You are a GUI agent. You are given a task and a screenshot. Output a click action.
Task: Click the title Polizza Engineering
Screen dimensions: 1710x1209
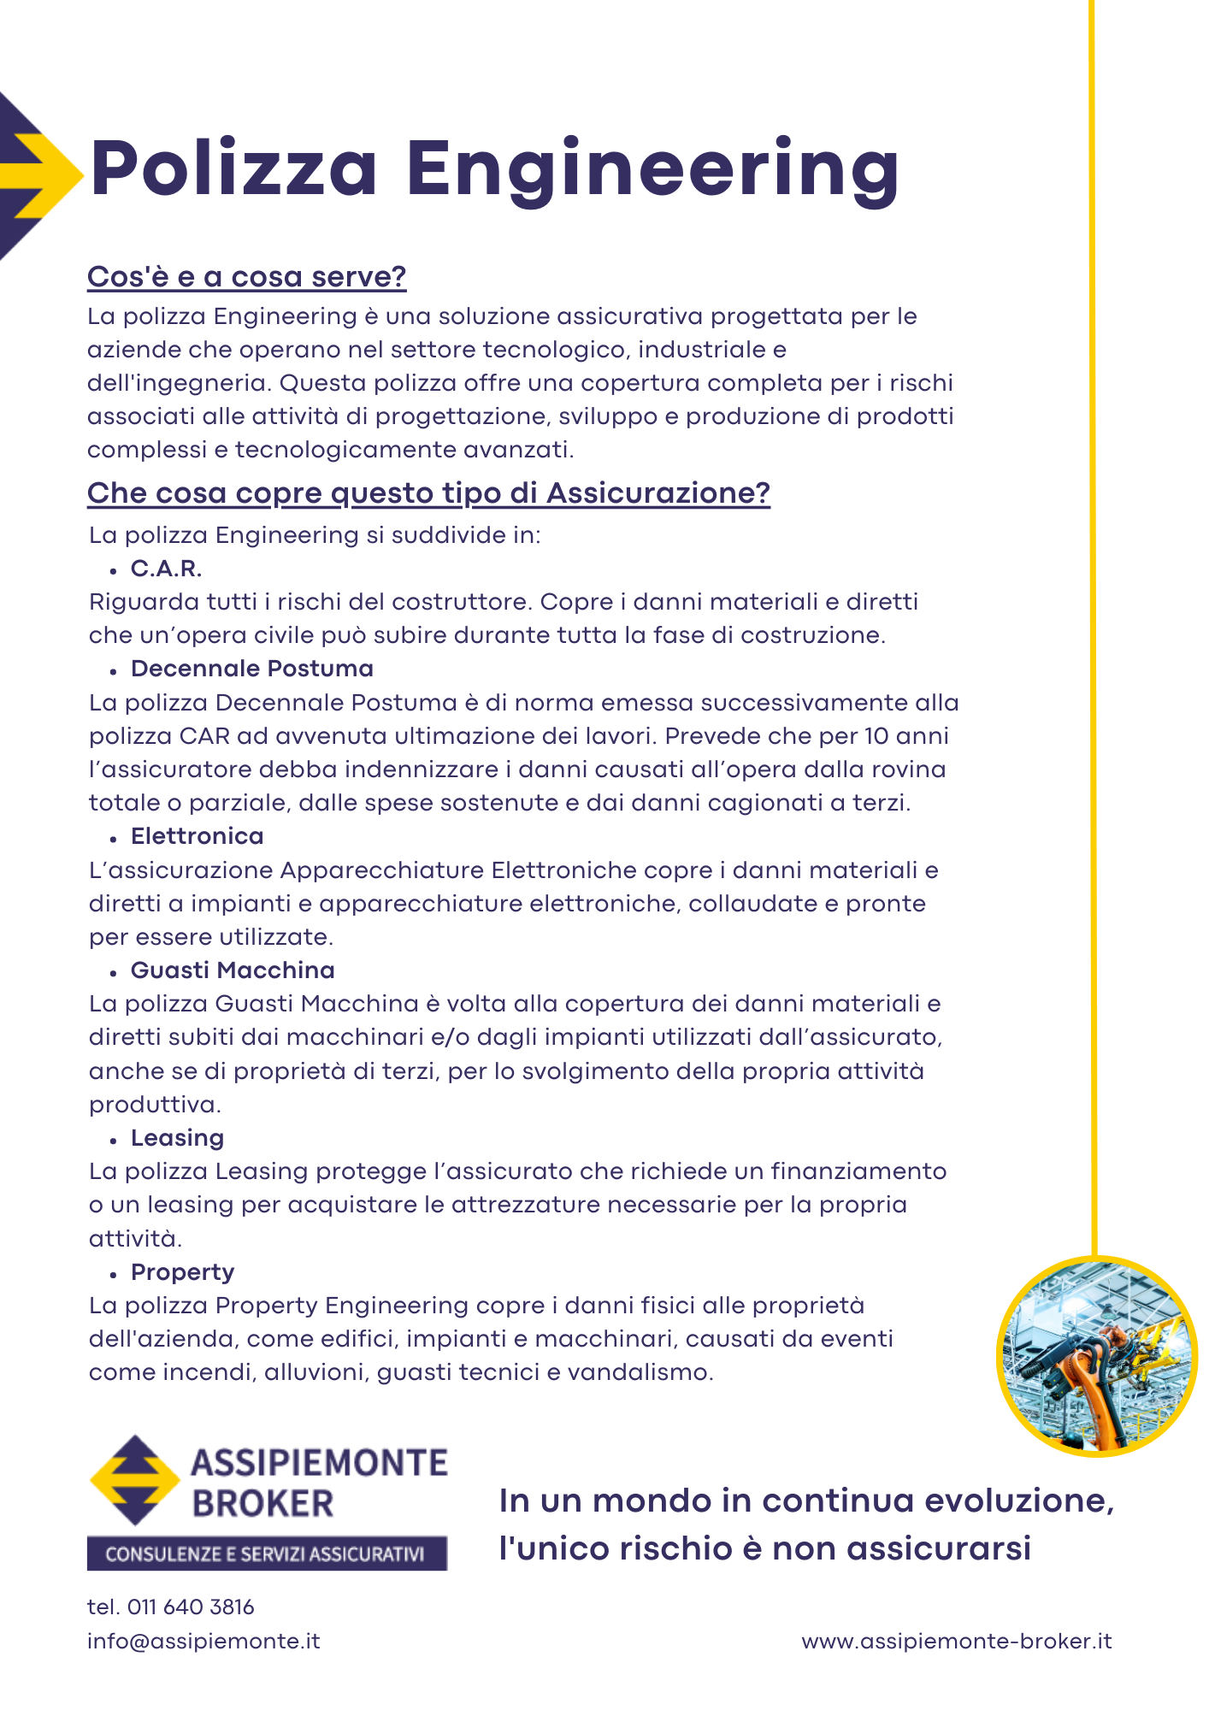[x=494, y=168]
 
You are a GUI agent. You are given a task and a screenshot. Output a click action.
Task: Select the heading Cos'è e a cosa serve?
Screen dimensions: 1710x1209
[x=246, y=277]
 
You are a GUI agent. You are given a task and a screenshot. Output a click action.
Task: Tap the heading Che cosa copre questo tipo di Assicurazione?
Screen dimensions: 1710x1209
[x=428, y=493]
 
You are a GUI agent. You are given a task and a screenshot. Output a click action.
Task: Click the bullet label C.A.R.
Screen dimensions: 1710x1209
[x=166, y=569]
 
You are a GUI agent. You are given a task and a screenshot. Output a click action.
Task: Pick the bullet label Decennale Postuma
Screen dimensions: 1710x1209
[x=251, y=669]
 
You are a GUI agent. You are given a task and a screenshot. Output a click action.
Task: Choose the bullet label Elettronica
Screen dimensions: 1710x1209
[x=197, y=836]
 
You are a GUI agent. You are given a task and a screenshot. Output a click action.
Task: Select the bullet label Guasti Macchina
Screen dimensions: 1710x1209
[x=232, y=970]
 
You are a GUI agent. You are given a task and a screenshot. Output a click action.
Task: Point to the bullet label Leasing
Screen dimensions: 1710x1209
[x=177, y=1138]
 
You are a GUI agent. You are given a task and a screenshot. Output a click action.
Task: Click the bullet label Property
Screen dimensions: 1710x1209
[x=182, y=1272]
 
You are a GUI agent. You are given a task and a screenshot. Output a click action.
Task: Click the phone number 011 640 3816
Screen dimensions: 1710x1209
[x=190, y=1607]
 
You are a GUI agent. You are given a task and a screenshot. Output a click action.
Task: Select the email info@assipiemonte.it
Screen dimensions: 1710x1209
[x=203, y=1642]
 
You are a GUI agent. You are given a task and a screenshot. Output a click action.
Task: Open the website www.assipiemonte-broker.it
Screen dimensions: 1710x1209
[x=956, y=1642]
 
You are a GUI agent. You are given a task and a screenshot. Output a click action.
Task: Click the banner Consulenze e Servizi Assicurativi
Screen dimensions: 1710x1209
[x=267, y=1554]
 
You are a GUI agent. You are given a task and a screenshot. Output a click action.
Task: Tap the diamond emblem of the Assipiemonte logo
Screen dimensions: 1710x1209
[x=134, y=1480]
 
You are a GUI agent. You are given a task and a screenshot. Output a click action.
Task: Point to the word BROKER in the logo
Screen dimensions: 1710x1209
[x=262, y=1504]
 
